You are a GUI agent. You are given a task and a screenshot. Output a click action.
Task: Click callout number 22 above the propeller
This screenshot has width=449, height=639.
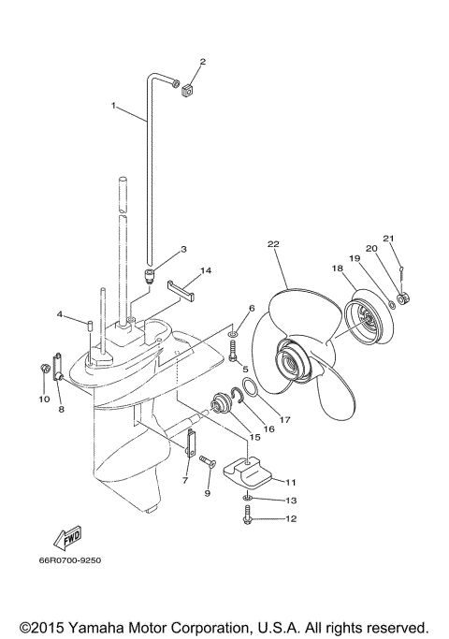pos(273,244)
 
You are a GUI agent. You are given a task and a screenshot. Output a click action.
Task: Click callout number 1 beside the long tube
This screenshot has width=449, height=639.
pos(114,106)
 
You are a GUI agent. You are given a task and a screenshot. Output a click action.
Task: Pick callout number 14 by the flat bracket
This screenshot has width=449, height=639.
pos(206,270)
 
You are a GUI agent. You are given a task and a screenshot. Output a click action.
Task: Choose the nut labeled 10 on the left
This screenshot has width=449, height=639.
pos(45,370)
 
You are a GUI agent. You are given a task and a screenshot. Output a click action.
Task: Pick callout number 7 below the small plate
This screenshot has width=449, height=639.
pos(185,479)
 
